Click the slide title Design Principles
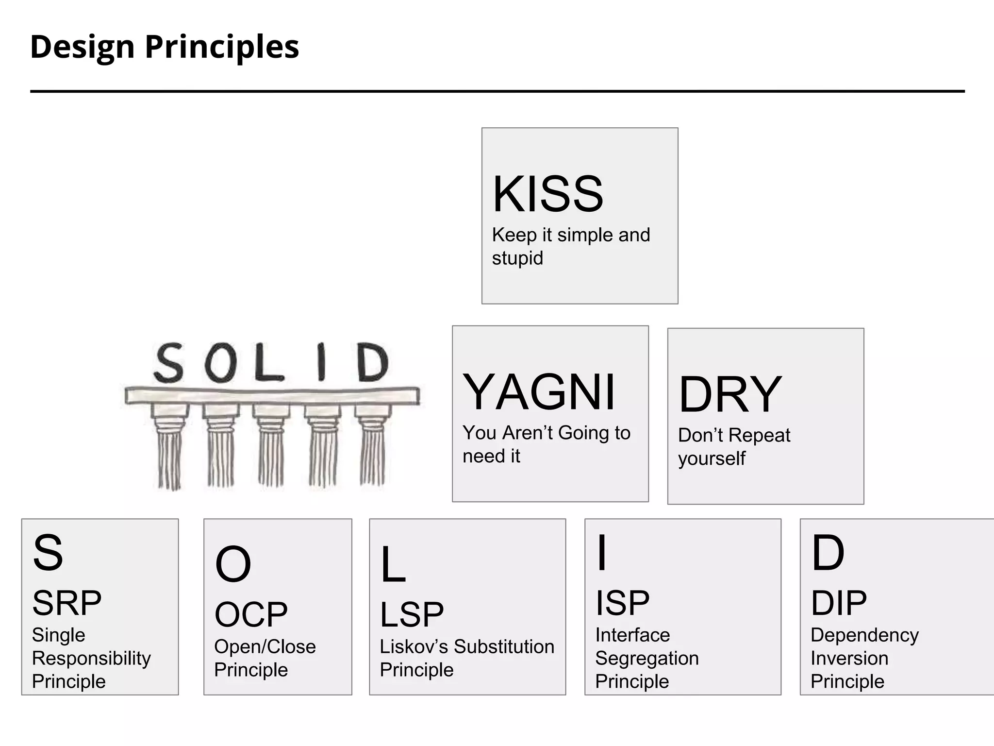(x=165, y=47)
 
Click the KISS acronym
(x=548, y=194)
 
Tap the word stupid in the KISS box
(x=517, y=258)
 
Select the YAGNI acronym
(x=539, y=392)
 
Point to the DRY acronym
(x=729, y=394)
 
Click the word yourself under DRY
(x=712, y=458)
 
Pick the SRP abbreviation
(x=67, y=603)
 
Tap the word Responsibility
(x=91, y=659)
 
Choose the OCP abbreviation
(x=251, y=614)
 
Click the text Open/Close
(x=265, y=647)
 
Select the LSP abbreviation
(x=412, y=614)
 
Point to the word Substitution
(x=504, y=647)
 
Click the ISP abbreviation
(x=622, y=603)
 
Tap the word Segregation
(x=647, y=659)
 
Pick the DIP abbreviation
(x=839, y=603)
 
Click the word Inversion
(x=849, y=659)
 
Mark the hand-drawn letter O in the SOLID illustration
(x=219, y=362)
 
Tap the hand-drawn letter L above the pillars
(x=268, y=362)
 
